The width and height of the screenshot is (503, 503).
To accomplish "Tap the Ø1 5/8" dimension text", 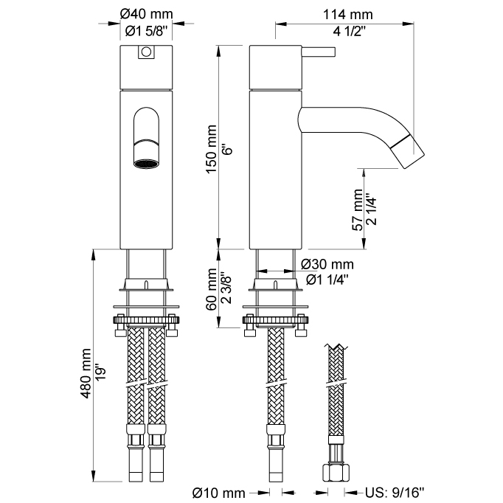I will coord(147,30).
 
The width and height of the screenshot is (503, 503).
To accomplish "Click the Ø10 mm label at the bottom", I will coord(218,492).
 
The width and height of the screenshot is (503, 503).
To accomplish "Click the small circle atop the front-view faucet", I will coord(146,52).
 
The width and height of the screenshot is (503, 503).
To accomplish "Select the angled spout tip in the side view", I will coord(410,150).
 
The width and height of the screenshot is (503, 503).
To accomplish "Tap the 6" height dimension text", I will coord(229,150).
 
